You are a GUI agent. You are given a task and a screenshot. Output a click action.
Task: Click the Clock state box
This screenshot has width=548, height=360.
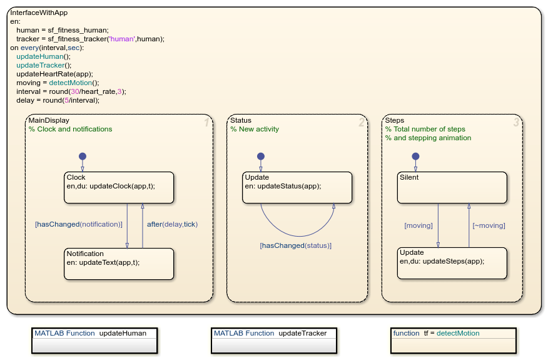point(119,187)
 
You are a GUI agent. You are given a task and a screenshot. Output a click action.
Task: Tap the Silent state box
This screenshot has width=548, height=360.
point(452,187)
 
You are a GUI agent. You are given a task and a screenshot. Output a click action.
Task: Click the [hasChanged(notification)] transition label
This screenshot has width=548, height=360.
point(79,224)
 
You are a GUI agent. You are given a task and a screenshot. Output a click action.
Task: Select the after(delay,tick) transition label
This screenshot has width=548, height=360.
point(172,224)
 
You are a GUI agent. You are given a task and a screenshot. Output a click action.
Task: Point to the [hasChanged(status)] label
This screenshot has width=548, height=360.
point(296,245)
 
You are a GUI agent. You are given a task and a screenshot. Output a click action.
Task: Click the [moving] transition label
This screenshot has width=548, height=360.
point(418,225)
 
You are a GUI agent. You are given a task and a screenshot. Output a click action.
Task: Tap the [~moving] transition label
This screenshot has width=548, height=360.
point(489,225)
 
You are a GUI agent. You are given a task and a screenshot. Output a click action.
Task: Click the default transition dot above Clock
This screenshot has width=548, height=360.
point(82,156)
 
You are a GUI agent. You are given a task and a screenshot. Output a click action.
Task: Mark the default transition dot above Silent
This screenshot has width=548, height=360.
point(415,156)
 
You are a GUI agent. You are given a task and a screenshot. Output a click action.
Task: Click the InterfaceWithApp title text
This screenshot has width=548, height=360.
point(39,13)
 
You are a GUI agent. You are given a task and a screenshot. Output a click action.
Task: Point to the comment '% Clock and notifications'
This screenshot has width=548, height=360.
point(70,129)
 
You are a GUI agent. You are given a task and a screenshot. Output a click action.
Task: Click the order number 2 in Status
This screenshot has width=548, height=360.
point(361,123)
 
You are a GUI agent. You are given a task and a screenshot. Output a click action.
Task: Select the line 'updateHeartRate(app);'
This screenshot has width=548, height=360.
point(54,73)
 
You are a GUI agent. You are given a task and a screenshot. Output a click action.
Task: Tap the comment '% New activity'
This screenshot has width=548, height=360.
point(255,129)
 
